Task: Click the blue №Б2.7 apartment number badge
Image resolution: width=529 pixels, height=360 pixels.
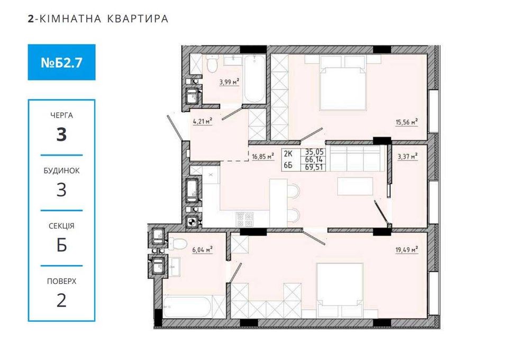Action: pyautogui.click(x=61, y=62)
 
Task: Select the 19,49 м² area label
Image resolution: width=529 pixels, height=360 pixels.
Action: pyautogui.click(x=407, y=248)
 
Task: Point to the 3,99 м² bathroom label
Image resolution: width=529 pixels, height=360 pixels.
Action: pyautogui.click(x=229, y=82)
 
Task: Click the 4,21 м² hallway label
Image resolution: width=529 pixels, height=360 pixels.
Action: pyautogui.click(x=203, y=121)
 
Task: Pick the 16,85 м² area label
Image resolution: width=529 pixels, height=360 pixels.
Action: pyautogui.click(x=263, y=156)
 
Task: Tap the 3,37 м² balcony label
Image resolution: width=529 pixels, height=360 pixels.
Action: pyautogui.click(x=407, y=156)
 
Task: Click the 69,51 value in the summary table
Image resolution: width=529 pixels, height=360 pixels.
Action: pyautogui.click(x=313, y=167)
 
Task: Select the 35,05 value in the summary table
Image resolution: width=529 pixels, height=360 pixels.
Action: pyautogui.click(x=313, y=150)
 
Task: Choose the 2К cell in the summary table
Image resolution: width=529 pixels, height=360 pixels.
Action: pyautogui.click(x=288, y=154)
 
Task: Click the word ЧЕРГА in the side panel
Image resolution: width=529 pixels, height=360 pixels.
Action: pyautogui.click(x=61, y=115)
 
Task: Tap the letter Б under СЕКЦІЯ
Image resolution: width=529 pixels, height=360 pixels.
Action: pyautogui.click(x=61, y=245)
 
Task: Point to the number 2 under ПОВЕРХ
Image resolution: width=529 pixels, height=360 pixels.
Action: pyautogui.click(x=61, y=300)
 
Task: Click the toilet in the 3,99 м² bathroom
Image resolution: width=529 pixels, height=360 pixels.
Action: pyautogui.click(x=212, y=66)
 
